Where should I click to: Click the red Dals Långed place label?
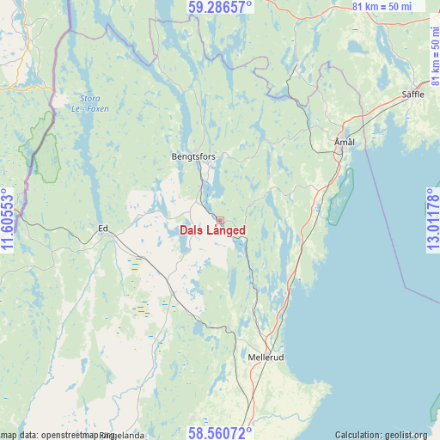click(213, 230)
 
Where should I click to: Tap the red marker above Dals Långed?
click(220, 221)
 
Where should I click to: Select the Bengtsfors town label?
click(193, 156)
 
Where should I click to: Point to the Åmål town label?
click(344, 141)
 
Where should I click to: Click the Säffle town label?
click(412, 94)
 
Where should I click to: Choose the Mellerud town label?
click(265, 357)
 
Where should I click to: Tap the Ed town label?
click(103, 228)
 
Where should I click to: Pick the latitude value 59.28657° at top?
click(220, 7)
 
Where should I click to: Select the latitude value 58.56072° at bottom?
click(220, 432)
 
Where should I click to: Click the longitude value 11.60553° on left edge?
click(8, 220)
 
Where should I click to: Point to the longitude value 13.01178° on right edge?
click(432, 220)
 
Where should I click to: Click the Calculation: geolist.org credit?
click(386, 435)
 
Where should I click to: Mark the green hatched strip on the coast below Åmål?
click(339, 198)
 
